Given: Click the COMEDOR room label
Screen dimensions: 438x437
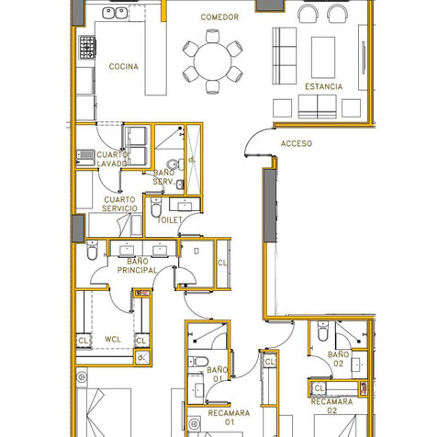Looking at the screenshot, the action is (219, 17).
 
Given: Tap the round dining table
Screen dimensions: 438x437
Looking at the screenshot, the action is (213, 62).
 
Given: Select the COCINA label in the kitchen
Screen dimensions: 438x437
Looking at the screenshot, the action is (124, 66).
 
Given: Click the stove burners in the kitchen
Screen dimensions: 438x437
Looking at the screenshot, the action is (87, 47).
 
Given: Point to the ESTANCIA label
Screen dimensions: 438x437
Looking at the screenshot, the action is (323, 86).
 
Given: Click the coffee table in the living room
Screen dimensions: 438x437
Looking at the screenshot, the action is (323, 58).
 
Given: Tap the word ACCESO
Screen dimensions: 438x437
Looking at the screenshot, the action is (297, 143).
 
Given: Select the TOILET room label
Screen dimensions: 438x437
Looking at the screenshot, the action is (169, 220).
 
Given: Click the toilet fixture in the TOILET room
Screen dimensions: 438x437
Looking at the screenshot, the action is (156, 207).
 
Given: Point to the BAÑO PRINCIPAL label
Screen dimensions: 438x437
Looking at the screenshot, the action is (137, 265).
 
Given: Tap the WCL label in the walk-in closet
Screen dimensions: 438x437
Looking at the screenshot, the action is (113, 340).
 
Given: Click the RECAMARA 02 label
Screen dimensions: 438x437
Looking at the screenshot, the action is (331, 406).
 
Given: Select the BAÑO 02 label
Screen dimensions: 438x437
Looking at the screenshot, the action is (338, 359).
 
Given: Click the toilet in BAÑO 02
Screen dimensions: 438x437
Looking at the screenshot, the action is (322, 331).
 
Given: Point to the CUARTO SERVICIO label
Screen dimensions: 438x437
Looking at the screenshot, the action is (119, 204).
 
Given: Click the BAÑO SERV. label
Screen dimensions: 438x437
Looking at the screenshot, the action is (163, 177).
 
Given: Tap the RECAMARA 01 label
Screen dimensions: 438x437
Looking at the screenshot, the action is (229, 418).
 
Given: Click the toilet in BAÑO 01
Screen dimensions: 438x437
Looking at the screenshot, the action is (198, 362).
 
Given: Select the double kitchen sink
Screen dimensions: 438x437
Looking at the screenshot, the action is (115, 13).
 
